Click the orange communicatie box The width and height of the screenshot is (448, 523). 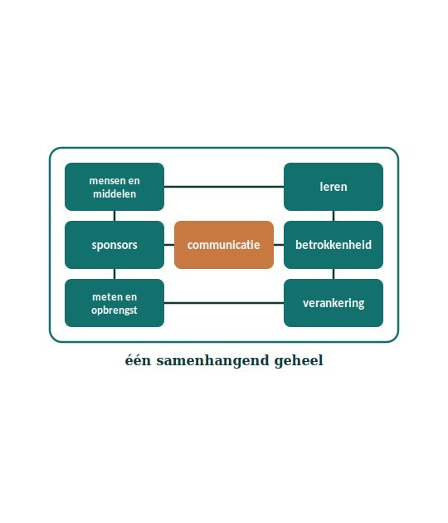coord(224,245)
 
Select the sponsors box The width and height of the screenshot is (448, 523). coord(114,245)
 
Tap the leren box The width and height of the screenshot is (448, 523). coord(334,187)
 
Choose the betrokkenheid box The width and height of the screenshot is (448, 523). coord(334,245)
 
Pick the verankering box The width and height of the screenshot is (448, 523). coord(334,303)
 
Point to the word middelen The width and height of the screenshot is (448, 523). coord(114,193)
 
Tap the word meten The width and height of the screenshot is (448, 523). coord(105,297)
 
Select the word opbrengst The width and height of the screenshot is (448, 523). coord(114,310)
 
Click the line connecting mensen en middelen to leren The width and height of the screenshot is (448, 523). coord(224,187)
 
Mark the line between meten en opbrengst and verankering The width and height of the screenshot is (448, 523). coord(224,303)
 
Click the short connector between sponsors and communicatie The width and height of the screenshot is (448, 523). coord(169,245)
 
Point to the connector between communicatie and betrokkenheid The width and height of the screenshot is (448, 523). coord(279,245)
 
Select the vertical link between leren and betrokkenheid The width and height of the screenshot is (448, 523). coord(334,216)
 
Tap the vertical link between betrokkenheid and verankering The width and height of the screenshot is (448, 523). coord(334,274)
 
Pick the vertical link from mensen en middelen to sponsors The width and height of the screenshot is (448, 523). coord(114,216)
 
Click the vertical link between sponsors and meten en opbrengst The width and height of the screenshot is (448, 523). coord(114,274)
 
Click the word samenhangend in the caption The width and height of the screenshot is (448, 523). coord(212,361)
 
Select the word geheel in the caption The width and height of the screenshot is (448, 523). coord(299,361)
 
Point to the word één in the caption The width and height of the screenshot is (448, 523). coord(138,360)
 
